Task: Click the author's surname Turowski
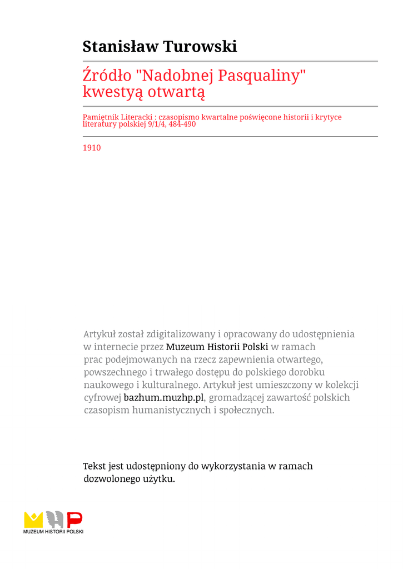pos(200,47)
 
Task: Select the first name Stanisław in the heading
pos(121,47)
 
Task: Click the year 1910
pos(92,148)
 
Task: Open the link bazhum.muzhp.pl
pos(163,398)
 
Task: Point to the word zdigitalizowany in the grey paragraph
pos(181,334)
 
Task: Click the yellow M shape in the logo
pos(33,520)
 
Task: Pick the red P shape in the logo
pos(74,520)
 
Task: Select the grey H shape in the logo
pos(54,520)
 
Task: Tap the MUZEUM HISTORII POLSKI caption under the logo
pos(53,532)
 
